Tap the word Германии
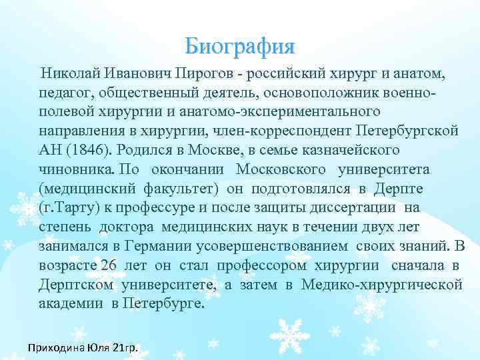[161, 246]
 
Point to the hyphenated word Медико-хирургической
[381, 285]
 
